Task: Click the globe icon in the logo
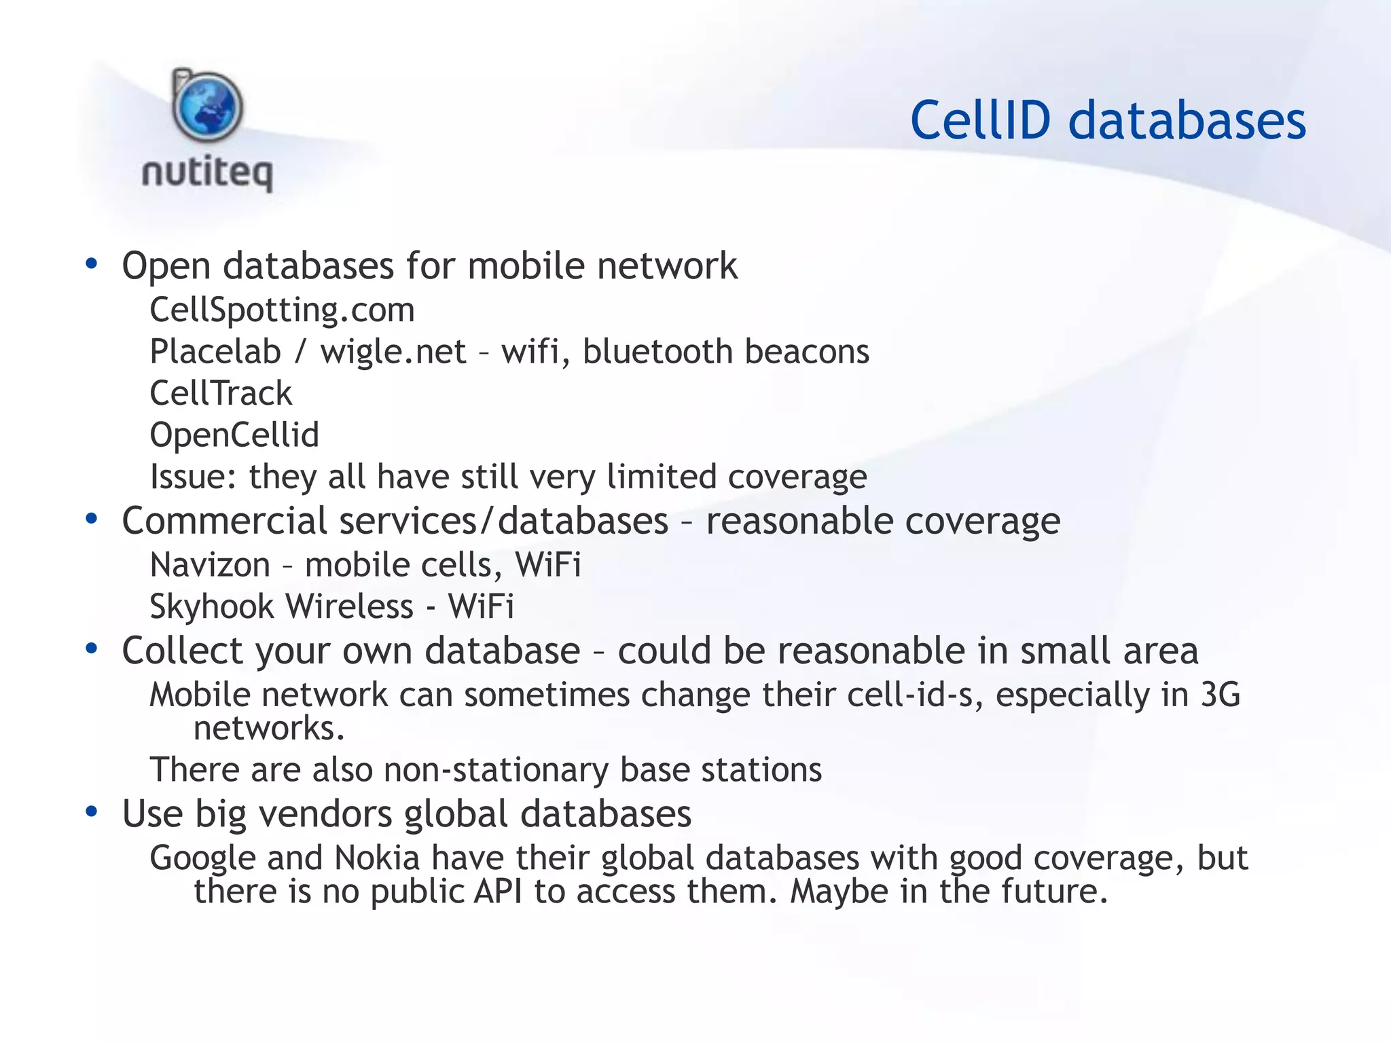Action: tap(208, 107)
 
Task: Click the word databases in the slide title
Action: tap(1187, 121)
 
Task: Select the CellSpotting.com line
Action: tap(282, 310)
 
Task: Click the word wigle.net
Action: tap(393, 352)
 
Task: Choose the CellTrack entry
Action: tap(221, 393)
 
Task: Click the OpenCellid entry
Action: tap(234, 435)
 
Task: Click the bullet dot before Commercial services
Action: tap(92, 519)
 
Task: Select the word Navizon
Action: tap(210, 565)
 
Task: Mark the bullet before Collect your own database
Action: tap(92, 649)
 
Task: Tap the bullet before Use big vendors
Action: tap(92, 812)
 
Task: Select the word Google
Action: tap(202, 858)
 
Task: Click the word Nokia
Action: tap(377, 858)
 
